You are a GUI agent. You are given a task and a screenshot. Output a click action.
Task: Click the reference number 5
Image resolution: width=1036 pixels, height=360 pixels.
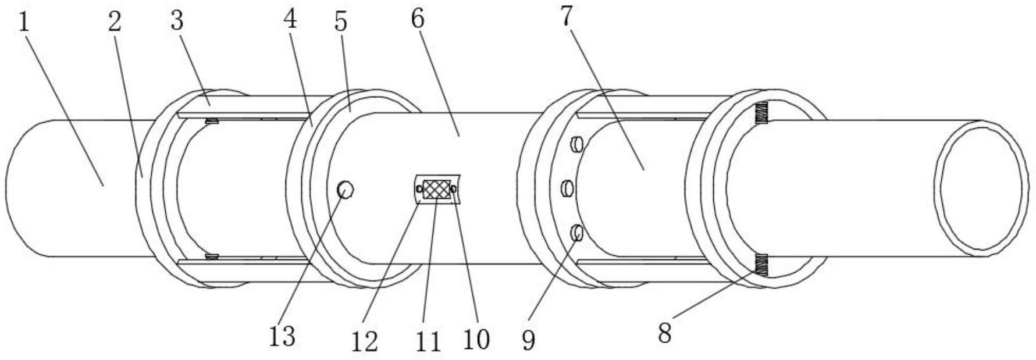click(x=340, y=22)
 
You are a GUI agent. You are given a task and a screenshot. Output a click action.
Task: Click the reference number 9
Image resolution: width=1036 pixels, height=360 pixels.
click(x=528, y=340)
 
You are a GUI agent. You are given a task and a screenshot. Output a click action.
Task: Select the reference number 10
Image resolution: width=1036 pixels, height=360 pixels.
click(x=477, y=338)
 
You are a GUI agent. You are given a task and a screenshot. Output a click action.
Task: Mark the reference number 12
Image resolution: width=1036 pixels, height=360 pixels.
click(x=365, y=341)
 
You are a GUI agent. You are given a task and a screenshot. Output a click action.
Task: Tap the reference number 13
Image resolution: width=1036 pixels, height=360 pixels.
click(x=282, y=336)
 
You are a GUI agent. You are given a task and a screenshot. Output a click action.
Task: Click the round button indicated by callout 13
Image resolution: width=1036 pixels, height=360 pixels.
click(x=346, y=190)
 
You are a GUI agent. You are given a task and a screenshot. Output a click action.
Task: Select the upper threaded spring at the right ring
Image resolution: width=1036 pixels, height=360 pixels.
click(x=761, y=113)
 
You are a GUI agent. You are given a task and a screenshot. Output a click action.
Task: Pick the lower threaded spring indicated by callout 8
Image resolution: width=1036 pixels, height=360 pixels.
click(x=761, y=265)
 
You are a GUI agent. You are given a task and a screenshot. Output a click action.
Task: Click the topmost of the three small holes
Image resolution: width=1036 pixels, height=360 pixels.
click(x=577, y=144)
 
